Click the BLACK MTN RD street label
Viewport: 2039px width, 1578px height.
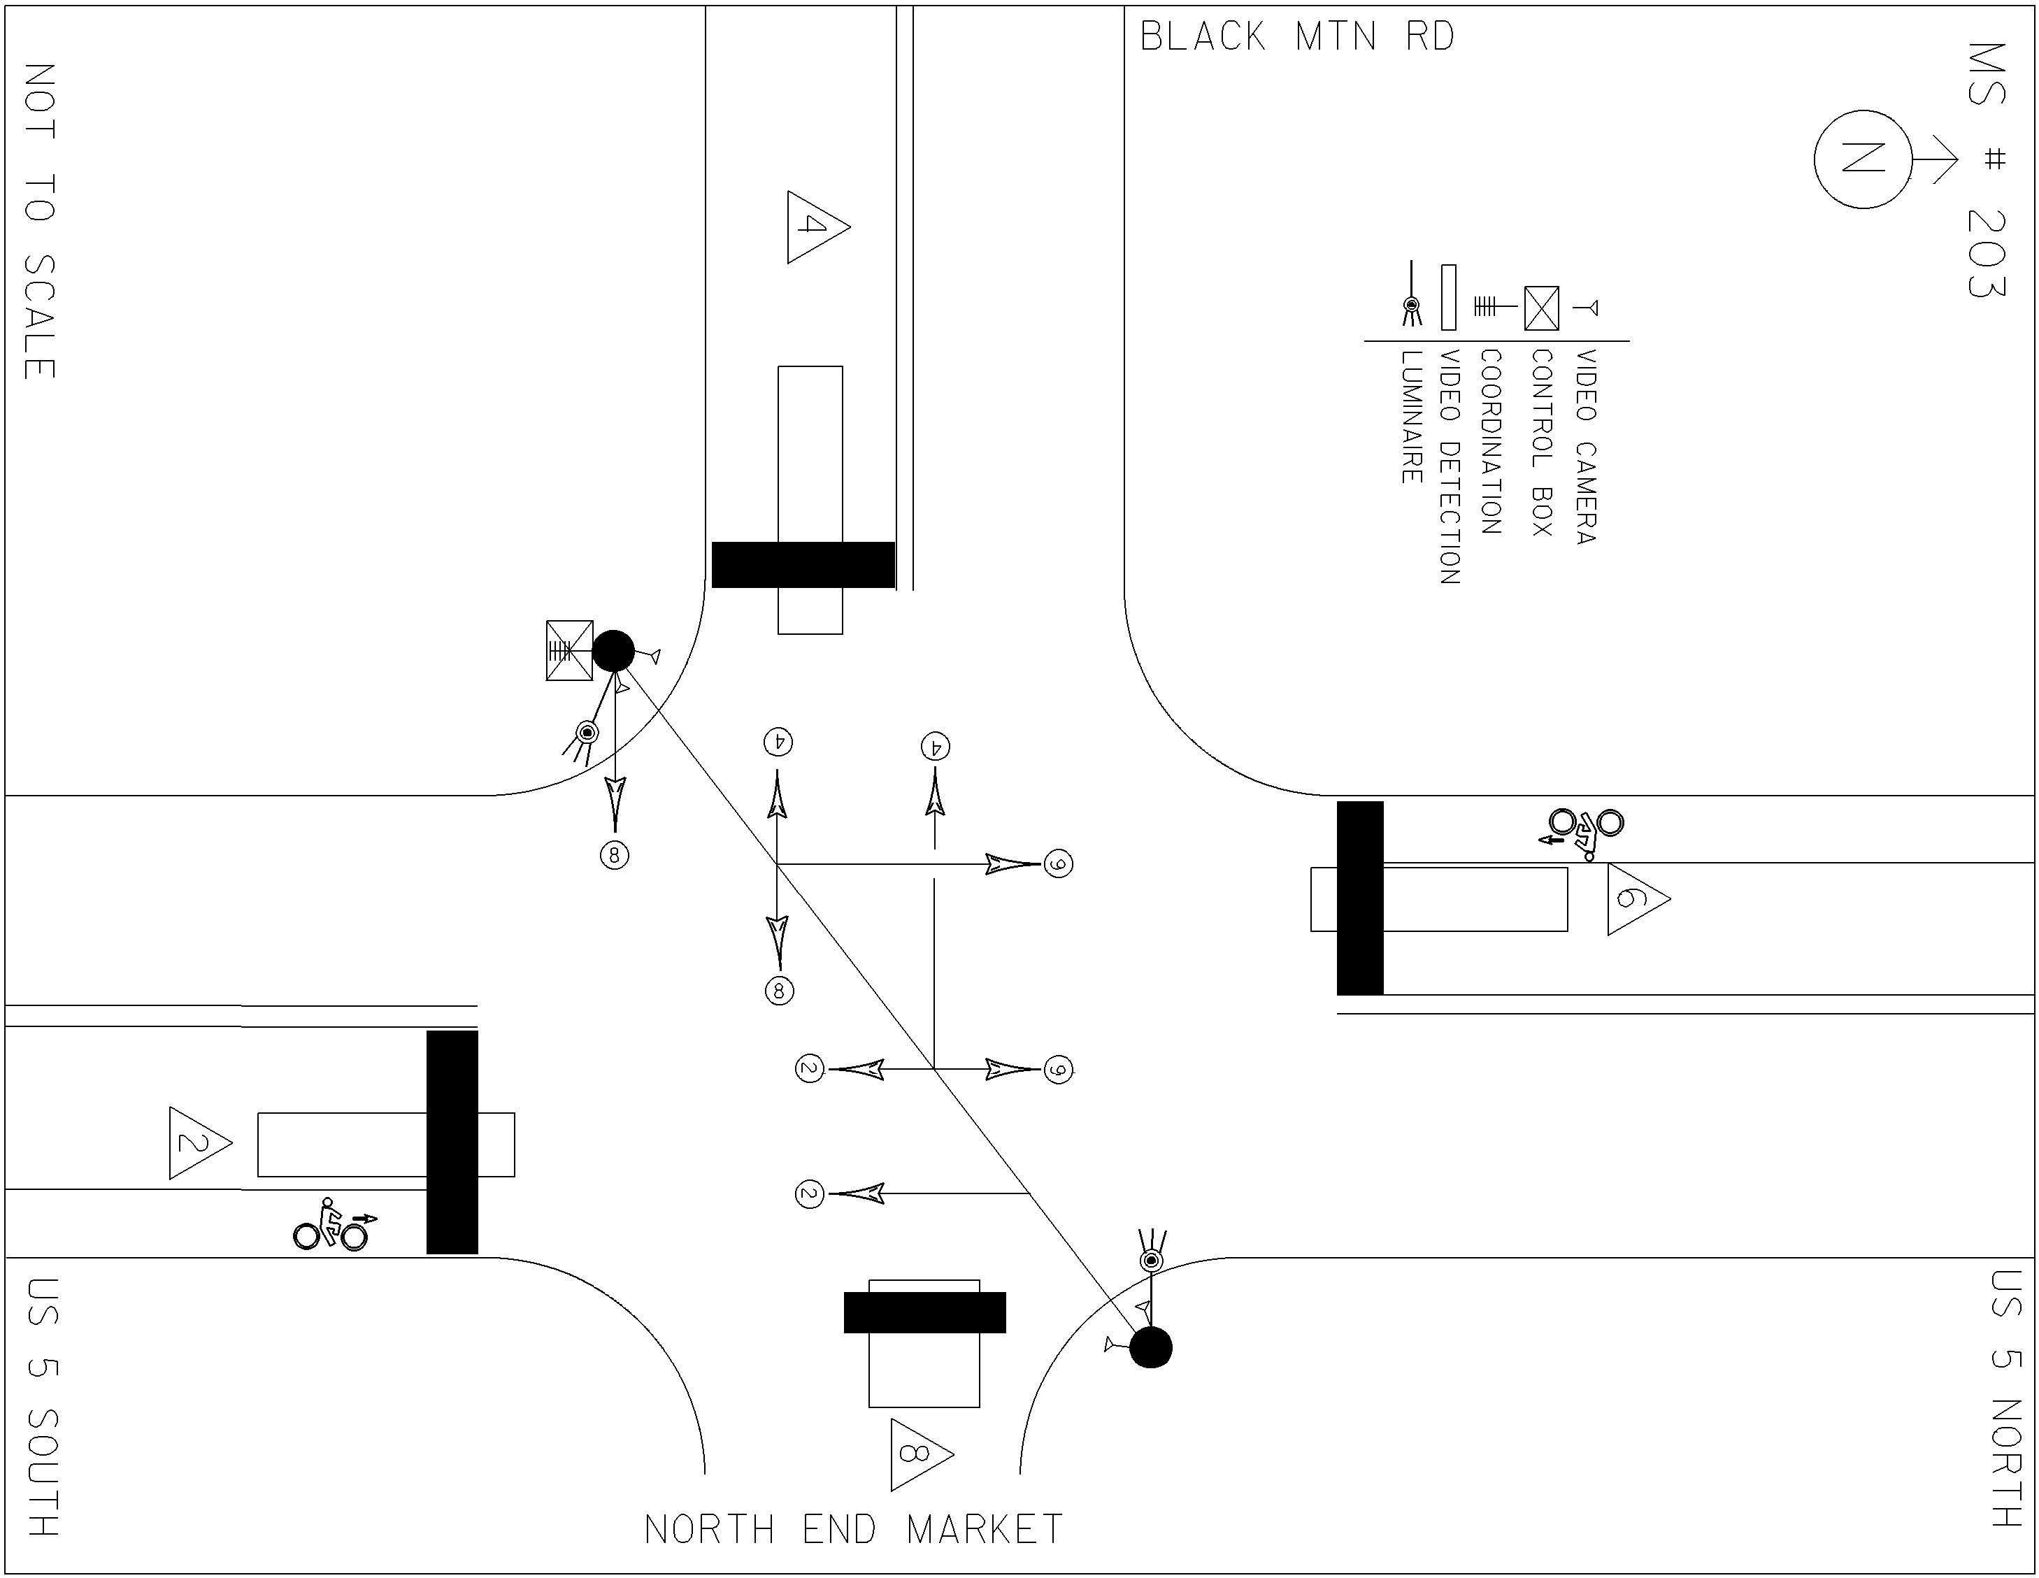tap(1297, 37)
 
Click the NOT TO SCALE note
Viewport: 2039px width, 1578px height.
tap(39, 222)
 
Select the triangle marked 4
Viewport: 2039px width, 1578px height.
tap(814, 227)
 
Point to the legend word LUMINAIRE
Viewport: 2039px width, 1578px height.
tap(1410, 417)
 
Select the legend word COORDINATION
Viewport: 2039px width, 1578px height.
tap(1491, 442)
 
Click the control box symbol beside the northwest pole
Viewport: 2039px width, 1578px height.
tap(569, 650)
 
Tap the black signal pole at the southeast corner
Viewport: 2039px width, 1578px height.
tap(1150, 1348)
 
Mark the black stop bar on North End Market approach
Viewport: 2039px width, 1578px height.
tap(924, 1312)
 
